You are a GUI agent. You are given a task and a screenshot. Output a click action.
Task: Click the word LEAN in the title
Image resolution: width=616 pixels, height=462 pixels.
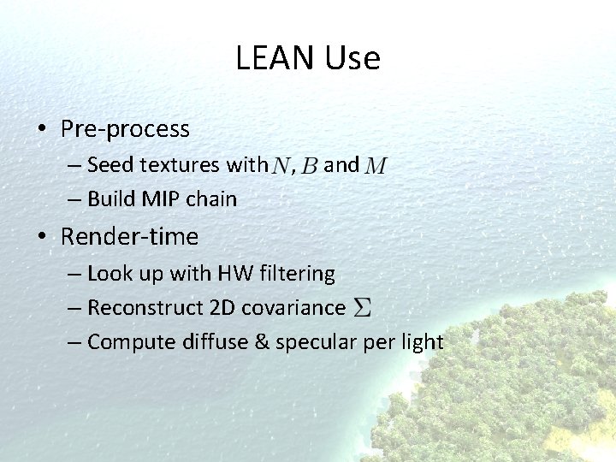pos(275,58)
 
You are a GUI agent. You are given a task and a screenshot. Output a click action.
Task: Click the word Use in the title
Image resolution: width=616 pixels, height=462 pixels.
pos(352,58)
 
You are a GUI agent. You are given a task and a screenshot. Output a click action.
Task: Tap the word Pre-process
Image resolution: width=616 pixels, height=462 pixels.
pos(125,129)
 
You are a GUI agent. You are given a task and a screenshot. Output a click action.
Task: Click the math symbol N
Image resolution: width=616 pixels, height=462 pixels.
pos(281,166)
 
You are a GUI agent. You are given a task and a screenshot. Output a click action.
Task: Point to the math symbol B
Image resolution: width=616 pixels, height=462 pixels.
pos(310,166)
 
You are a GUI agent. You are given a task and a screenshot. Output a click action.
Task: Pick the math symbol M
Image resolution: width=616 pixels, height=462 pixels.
pos(375,166)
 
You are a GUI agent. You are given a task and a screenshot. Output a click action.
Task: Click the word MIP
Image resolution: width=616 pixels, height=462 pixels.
pos(161,199)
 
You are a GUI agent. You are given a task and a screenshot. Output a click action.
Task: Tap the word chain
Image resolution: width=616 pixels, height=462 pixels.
pos(211,199)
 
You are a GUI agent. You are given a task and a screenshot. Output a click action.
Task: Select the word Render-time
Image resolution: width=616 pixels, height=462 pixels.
pos(129,236)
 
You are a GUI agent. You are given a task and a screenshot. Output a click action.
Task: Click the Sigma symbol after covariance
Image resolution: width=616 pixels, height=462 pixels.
pos(363,308)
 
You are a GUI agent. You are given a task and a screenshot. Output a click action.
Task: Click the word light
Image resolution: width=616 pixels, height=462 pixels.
pos(420,342)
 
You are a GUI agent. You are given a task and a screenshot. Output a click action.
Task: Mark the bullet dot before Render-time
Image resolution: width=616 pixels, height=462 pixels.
pos(41,237)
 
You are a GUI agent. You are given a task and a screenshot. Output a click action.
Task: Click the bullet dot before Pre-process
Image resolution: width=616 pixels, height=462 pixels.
pos(41,130)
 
